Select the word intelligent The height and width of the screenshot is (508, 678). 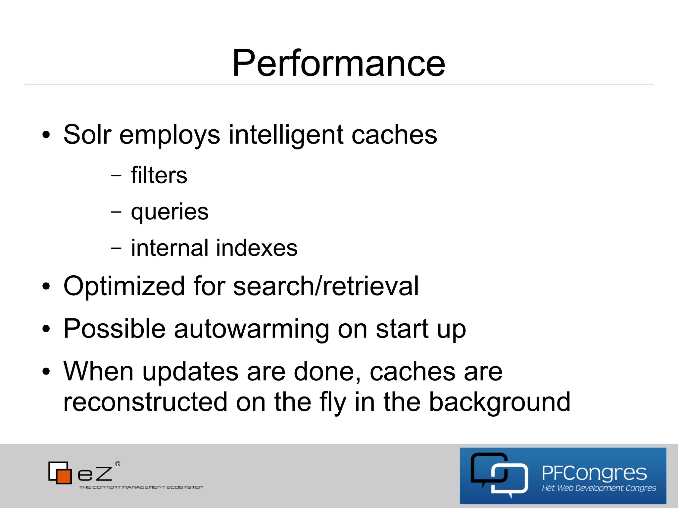286,135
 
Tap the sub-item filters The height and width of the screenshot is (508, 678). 159,175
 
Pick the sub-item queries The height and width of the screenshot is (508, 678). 169,212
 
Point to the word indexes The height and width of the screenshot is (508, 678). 257,248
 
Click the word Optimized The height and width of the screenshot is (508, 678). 124,286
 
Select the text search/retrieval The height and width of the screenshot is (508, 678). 326,286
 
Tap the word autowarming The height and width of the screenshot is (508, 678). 251,329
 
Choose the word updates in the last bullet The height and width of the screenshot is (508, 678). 190,372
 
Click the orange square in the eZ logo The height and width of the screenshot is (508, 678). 64,476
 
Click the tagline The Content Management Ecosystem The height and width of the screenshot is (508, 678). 141,487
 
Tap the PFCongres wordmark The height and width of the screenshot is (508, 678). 594,473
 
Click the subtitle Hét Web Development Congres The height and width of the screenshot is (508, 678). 599,488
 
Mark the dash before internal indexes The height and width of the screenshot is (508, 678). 116,248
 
